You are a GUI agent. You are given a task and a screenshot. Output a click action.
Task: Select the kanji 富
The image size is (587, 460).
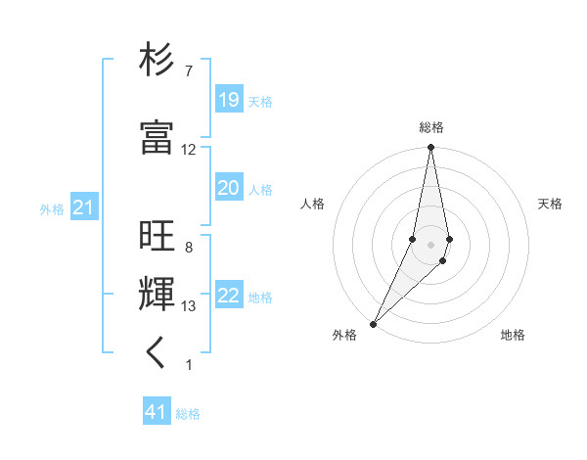(157, 138)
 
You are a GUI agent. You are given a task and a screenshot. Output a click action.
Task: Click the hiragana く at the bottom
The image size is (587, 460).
(157, 353)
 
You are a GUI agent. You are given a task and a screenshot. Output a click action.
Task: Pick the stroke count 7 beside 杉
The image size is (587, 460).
(188, 71)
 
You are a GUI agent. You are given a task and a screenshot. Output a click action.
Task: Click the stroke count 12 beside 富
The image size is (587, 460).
(188, 150)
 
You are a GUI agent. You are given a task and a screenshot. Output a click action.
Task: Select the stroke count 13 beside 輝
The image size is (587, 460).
(188, 306)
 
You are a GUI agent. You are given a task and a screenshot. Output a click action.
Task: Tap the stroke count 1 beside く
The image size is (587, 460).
(188, 365)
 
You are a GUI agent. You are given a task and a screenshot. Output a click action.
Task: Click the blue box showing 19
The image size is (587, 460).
(228, 100)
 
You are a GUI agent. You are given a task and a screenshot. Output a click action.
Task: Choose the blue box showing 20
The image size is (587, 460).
(228, 188)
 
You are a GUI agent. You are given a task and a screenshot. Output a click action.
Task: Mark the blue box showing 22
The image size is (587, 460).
(228, 296)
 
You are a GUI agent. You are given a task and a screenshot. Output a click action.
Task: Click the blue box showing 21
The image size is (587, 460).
(83, 207)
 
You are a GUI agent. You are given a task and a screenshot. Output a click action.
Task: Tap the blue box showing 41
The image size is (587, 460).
(157, 412)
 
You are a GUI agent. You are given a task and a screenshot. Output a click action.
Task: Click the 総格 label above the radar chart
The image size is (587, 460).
(431, 127)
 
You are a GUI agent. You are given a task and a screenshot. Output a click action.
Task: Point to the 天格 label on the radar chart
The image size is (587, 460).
(551, 204)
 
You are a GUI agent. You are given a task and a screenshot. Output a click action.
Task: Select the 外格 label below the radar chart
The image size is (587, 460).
(344, 335)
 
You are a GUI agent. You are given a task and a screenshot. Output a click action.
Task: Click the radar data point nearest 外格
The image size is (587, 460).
(373, 323)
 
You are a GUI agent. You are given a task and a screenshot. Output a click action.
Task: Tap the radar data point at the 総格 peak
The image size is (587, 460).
(430, 148)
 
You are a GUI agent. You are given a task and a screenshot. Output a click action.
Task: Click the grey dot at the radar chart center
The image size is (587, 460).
(430, 244)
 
